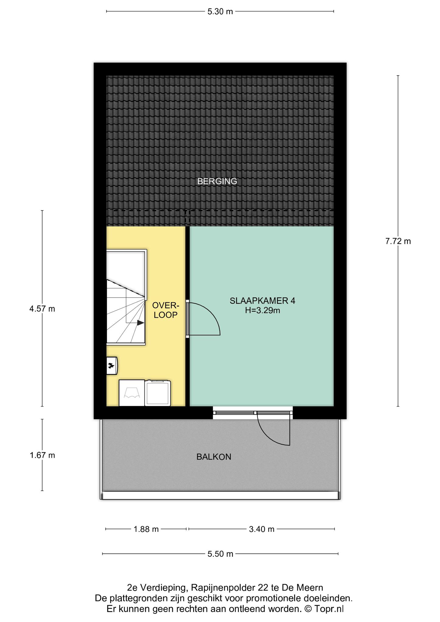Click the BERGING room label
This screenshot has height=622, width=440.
click(217, 181)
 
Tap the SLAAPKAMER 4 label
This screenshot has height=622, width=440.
click(263, 301)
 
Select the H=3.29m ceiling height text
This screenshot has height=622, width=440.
click(263, 310)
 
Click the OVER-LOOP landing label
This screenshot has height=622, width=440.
click(166, 310)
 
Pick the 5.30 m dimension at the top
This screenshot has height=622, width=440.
click(220, 12)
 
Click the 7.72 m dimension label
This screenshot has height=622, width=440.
click(398, 241)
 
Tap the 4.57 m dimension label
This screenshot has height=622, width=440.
click(42, 309)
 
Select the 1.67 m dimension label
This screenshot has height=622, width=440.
click(42, 455)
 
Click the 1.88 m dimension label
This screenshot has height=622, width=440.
click(146, 529)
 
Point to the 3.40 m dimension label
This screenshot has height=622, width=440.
click(262, 529)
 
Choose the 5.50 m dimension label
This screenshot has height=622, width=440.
click(220, 554)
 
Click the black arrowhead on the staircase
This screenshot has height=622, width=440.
click(140, 323)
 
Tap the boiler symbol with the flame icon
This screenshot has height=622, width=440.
click(112, 366)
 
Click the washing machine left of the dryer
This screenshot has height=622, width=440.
click(132, 393)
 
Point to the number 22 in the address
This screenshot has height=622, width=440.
click(262, 588)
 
